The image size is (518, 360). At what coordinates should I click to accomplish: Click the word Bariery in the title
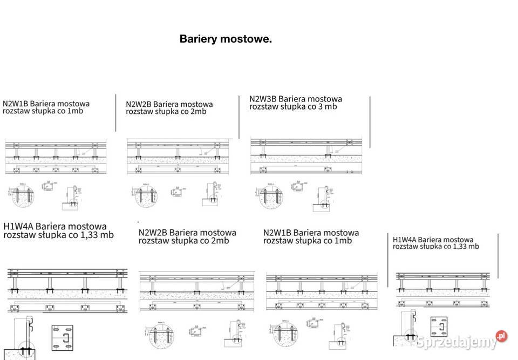click(x=198, y=39)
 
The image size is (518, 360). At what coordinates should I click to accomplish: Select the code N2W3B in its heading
click(x=262, y=99)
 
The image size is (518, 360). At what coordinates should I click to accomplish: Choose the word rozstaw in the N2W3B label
click(x=263, y=106)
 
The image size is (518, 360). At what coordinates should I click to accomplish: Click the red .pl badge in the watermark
click(x=501, y=336)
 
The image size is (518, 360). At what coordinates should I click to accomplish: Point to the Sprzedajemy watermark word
click(x=456, y=342)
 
